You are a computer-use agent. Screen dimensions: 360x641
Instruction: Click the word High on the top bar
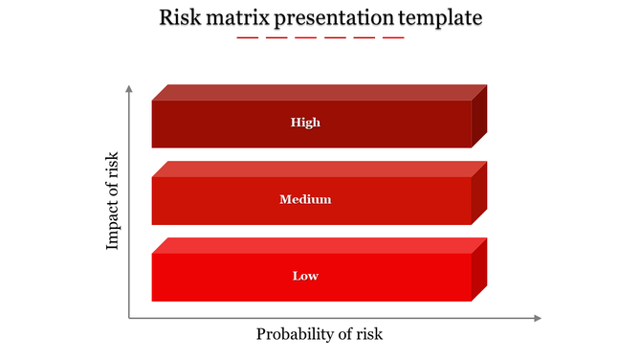pos(305,123)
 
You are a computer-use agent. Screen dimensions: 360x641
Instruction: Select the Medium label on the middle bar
pos(305,199)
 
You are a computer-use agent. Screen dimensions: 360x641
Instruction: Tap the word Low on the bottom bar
pos(305,276)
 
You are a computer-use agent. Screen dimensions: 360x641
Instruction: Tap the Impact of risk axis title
pos(113,201)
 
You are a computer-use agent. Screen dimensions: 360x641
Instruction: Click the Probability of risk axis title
pos(320,334)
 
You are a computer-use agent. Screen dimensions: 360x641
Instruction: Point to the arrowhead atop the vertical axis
pos(129,88)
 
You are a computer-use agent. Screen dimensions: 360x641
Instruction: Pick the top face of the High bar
pos(320,92)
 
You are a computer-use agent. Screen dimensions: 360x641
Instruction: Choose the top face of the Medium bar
pos(320,169)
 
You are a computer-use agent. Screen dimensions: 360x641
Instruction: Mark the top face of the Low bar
pos(320,245)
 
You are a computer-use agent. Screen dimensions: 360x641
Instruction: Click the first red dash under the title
pos(248,37)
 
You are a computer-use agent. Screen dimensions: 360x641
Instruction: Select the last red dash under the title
pos(393,37)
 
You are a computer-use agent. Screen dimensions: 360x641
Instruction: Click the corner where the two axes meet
pos(129,318)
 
